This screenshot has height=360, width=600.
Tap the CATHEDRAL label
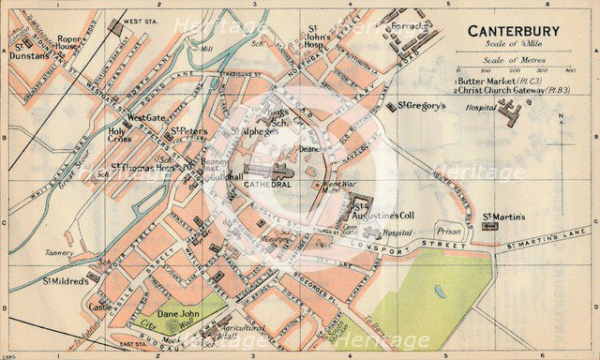pos(265,186)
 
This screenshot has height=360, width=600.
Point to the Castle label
pos(100,306)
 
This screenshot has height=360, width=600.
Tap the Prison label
pos(449,231)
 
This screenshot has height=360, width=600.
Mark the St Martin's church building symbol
pos(488,226)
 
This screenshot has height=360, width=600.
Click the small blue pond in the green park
pos(439,291)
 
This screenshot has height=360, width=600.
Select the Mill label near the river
pos(207,47)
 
